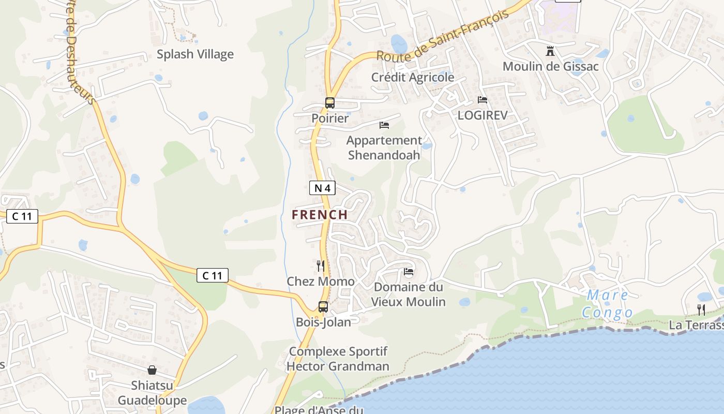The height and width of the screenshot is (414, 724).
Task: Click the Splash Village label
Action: [195, 54]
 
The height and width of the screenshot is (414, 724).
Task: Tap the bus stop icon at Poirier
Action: [330, 103]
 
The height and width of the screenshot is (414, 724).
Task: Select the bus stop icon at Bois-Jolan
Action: [323, 307]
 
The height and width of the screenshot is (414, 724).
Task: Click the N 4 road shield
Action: [322, 188]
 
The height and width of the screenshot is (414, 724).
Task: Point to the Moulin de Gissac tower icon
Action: [550, 51]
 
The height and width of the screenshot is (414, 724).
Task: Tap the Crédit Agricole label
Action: [413, 78]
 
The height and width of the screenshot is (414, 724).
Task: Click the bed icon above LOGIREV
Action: [482, 100]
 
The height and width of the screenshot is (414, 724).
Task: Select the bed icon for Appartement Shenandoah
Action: [384, 125]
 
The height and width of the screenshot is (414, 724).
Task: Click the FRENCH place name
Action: [320, 215]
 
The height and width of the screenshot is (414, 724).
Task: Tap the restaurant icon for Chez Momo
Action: [321, 266]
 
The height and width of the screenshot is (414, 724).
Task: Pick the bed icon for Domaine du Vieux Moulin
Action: [409, 272]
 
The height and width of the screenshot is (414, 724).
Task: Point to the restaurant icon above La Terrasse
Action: [701, 310]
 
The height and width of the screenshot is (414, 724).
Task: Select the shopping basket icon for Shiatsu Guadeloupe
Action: [152, 370]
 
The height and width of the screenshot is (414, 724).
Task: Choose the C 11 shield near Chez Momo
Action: [213, 275]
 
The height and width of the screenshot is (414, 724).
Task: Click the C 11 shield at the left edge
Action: [22, 216]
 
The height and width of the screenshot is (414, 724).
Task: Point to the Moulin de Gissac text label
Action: [550, 67]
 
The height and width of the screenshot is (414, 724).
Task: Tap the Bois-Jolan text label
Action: [323, 322]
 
